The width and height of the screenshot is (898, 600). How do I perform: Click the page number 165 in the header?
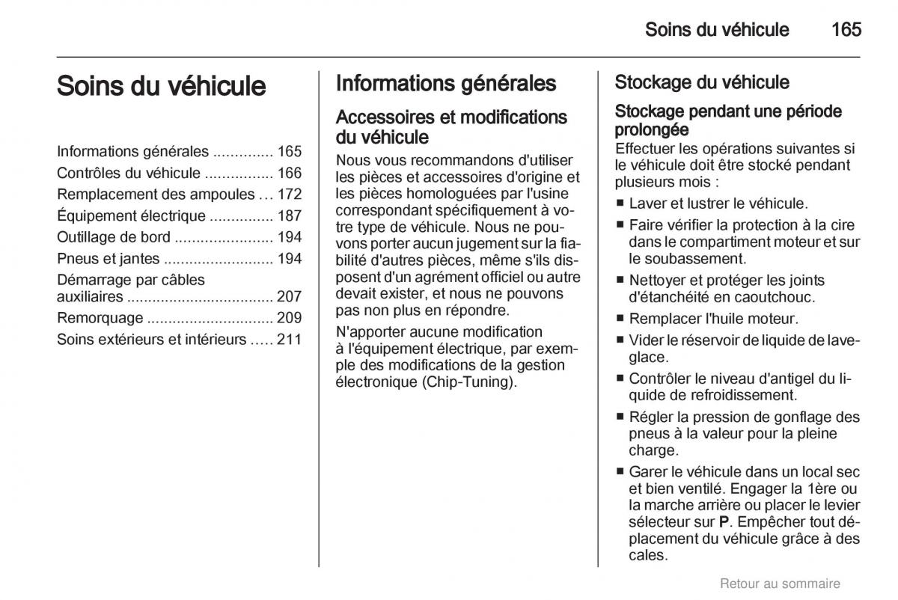(846, 29)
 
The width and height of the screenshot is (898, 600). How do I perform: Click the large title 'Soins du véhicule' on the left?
(161, 85)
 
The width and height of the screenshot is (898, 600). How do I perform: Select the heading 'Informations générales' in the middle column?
(446, 83)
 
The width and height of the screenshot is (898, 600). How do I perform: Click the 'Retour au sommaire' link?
(780, 584)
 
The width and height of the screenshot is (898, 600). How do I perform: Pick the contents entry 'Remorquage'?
(100, 317)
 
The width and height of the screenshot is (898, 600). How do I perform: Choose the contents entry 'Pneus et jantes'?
(108, 259)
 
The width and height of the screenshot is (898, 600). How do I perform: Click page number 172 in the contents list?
(289, 195)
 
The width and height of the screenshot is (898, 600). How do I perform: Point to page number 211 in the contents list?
(289, 339)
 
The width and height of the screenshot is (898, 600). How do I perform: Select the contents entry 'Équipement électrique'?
(131, 216)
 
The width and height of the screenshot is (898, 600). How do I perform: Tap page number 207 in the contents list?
(289, 296)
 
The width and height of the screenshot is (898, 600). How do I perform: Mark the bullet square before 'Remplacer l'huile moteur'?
(620, 319)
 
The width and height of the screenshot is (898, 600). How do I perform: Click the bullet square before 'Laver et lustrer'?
(620, 203)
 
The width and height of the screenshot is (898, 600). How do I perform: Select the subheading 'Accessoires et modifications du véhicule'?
(451, 127)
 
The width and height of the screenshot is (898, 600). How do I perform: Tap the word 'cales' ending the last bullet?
(647, 555)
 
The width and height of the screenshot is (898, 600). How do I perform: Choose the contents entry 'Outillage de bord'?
(114, 237)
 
